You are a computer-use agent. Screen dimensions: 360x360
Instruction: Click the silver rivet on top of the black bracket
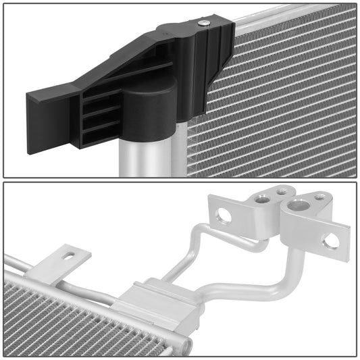tap(204, 24)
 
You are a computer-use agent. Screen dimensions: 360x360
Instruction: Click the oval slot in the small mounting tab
tap(68, 257)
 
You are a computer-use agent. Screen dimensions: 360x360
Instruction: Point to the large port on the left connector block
tap(260, 198)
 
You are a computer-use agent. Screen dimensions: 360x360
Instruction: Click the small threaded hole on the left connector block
tap(280, 192)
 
